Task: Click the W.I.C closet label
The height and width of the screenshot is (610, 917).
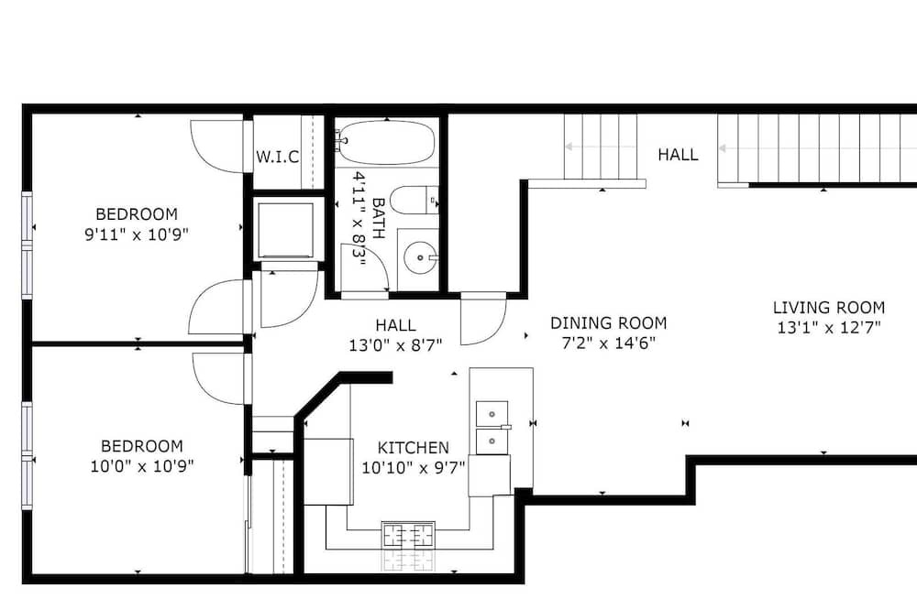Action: tap(277, 157)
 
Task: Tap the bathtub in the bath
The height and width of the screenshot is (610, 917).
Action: tap(387, 143)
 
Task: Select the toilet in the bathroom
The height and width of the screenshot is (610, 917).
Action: tap(414, 201)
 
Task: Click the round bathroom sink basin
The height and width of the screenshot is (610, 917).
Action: tap(420, 257)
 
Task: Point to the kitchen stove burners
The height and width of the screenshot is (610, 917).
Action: tap(408, 535)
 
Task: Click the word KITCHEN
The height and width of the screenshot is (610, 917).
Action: tap(413, 448)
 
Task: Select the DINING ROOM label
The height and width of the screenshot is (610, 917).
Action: tap(608, 323)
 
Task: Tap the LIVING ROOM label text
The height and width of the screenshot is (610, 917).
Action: tap(829, 308)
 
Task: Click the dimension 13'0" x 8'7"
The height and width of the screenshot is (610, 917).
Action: tap(395, 345)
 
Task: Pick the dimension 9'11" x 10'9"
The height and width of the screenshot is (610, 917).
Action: tap(137, 234)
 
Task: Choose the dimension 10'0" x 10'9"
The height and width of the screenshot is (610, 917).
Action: tap(141, 466)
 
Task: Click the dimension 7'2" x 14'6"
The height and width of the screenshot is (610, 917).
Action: tap(608, 343)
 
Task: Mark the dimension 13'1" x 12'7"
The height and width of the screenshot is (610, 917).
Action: tap(829, 327)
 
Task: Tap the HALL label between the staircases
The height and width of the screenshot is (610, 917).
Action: tap(678, 155)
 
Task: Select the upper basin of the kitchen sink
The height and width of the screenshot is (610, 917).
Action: tap(492, 414)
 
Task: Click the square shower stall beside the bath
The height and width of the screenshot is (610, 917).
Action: tap(285, 230)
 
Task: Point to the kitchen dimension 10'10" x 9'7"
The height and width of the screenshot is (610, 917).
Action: tap(413, 467)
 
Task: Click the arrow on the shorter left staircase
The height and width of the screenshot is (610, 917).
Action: tap(601, 147)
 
